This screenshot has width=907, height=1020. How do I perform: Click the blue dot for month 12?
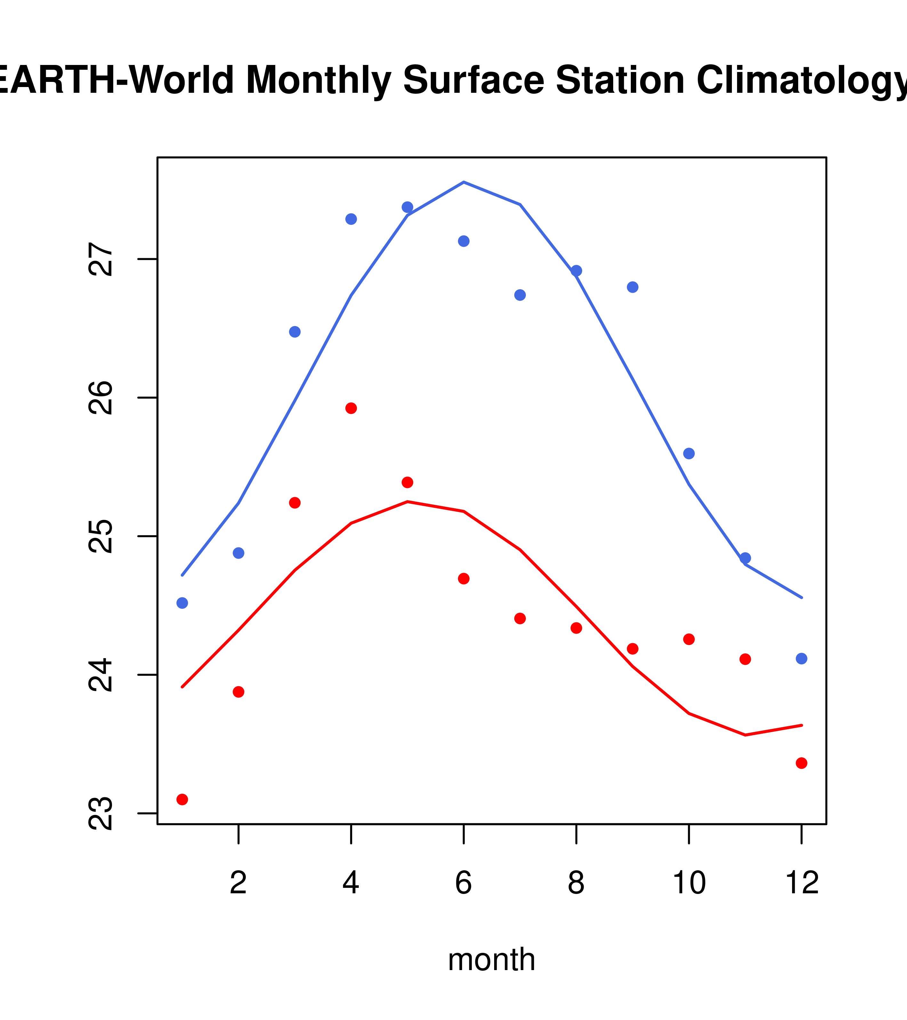tap(801, 659)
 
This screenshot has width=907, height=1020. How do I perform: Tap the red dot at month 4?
tap(351, 408)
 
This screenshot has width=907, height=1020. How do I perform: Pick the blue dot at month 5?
tap(407, 207)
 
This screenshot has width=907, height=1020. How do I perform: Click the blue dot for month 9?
tap(632, 287)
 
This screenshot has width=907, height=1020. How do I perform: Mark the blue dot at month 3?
tap(294, 332)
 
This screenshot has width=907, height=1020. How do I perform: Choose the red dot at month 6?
tap(464, 578)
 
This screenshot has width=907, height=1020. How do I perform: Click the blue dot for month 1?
tap(182, 603)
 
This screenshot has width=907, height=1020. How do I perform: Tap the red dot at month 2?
tap(239, 692)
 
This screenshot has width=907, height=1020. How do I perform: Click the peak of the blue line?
tap(464, 182)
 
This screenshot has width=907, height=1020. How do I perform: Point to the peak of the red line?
tap(407, 501)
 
